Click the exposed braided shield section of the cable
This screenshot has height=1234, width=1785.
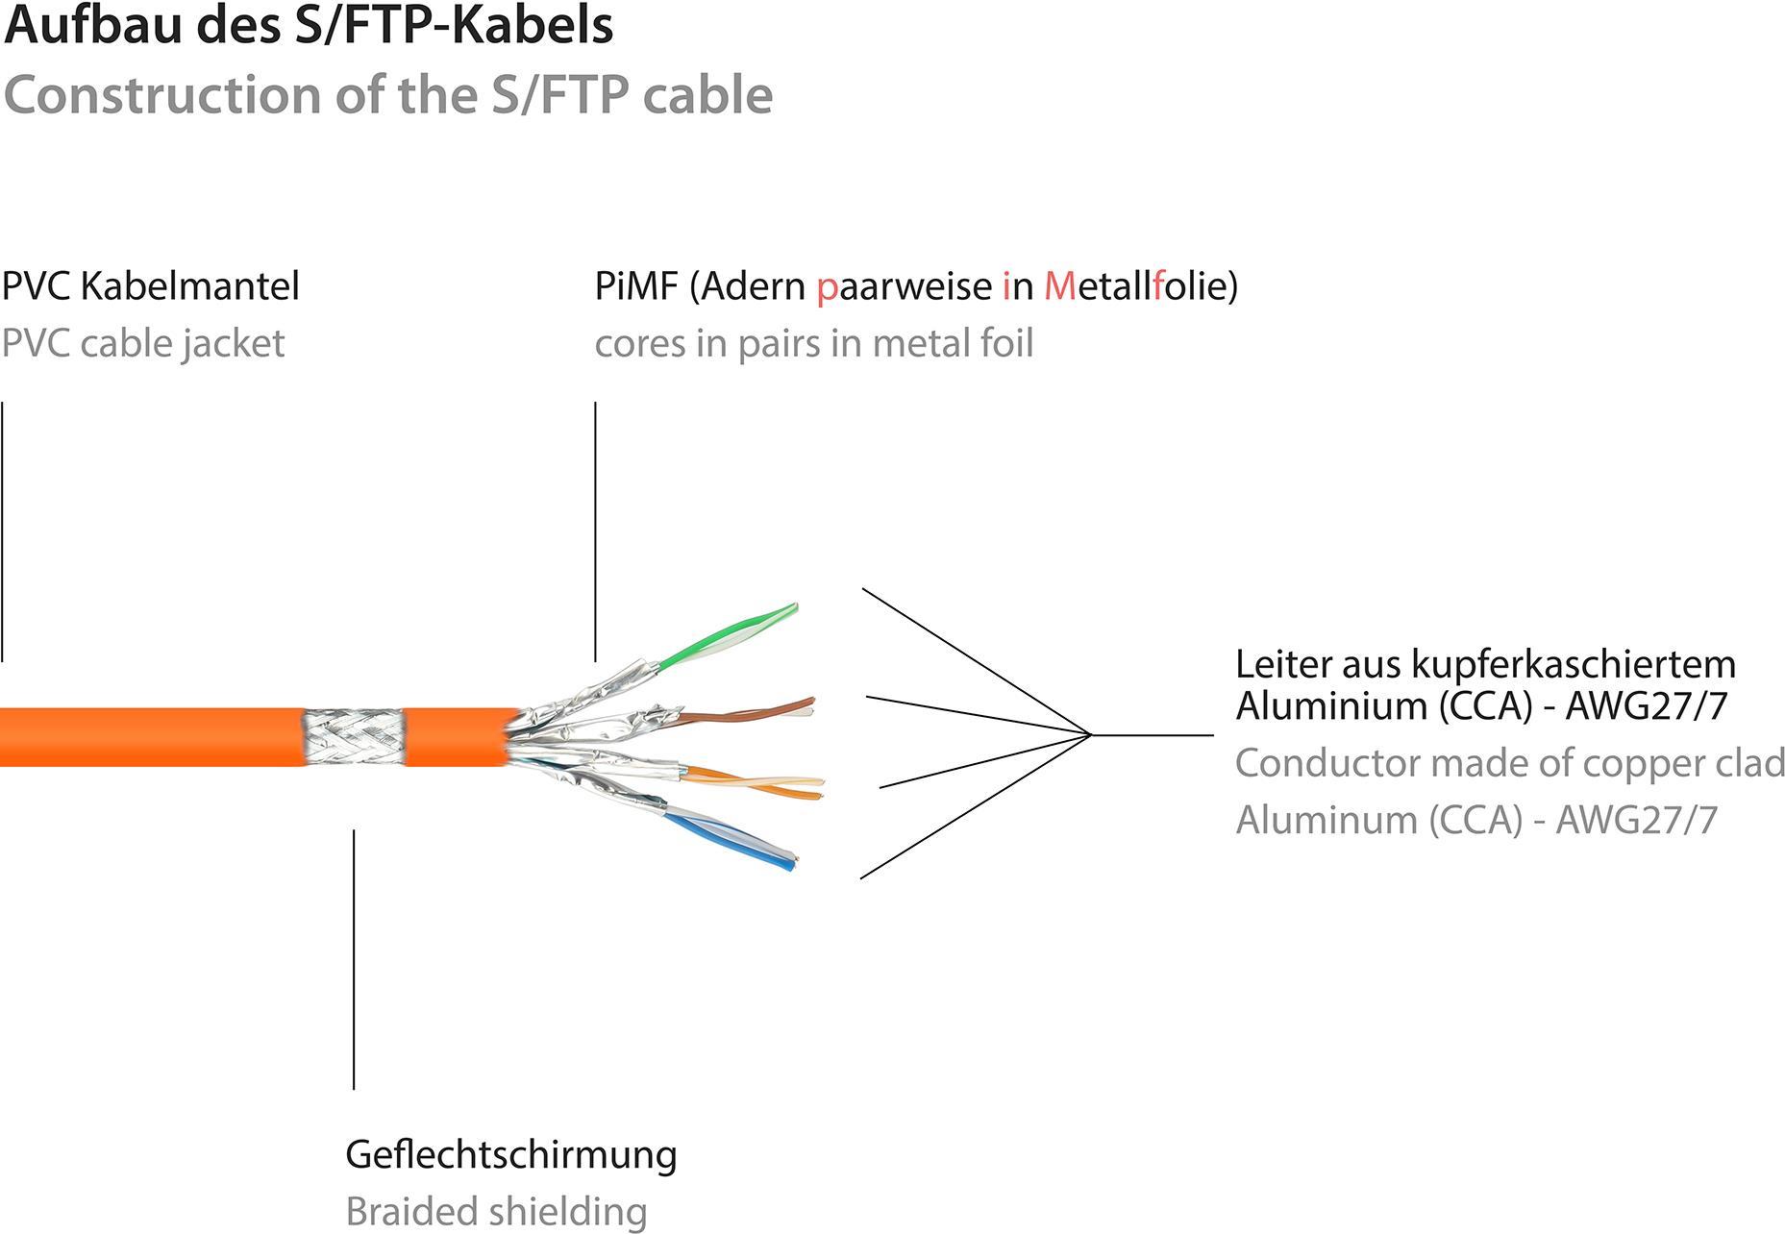pyautogui.click(x=353, y=738)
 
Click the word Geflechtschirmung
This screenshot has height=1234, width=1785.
pyautogui.click(x=510, y=1154)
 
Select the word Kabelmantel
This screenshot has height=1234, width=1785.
pyautogui.click(x=189, y=285)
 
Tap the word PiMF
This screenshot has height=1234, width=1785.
pyautogui.click(x=636, y=285)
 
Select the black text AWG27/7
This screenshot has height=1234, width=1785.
pyautogui.click(x=1647, y=706)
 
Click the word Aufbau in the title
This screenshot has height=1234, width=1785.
pyautogui.click(x=93, y=25)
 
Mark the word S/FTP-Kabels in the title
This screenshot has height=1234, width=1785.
pyautogui.click(x=455, y=25)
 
